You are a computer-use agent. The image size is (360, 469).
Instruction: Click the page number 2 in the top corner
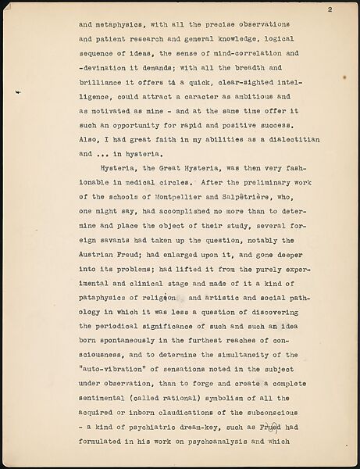[330, 9]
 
